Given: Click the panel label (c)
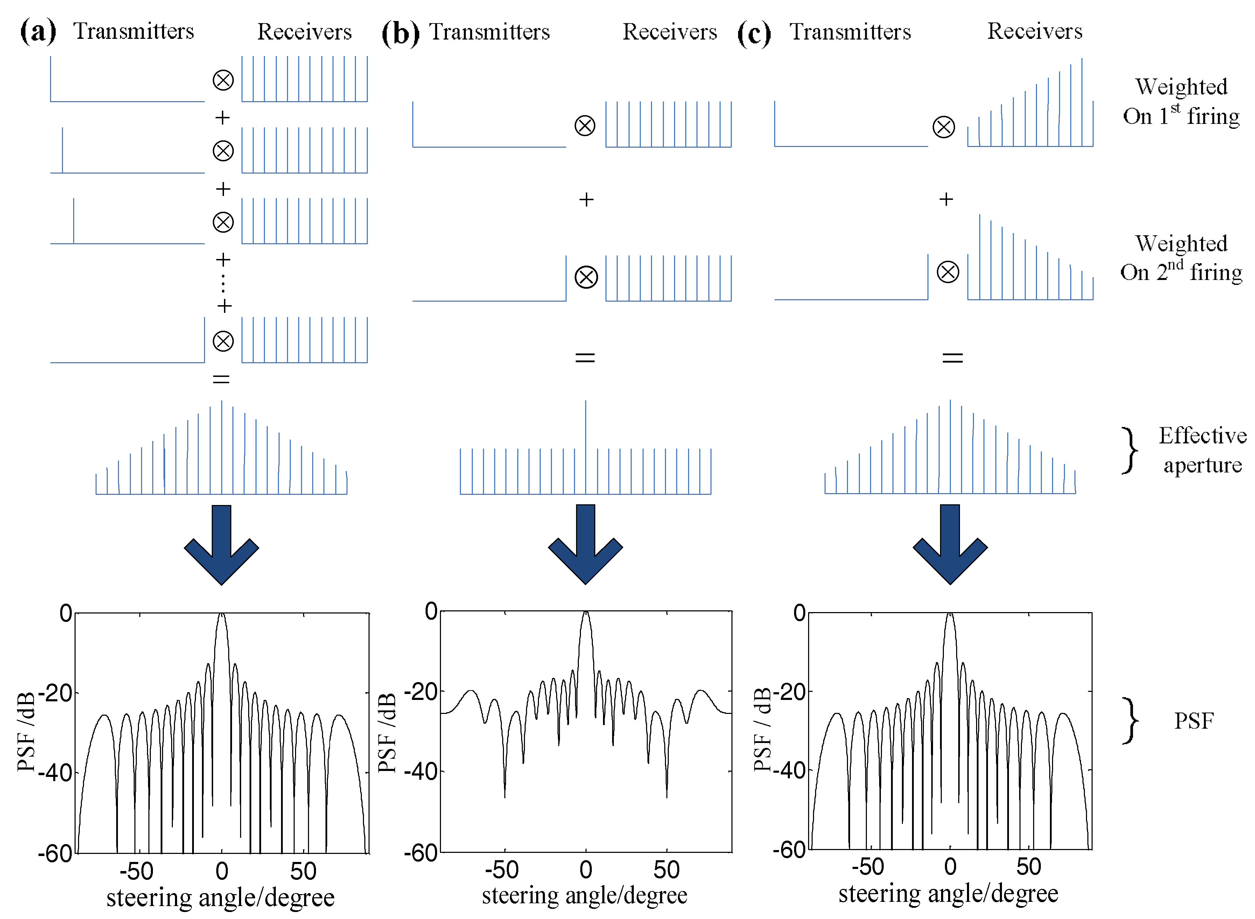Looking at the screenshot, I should (x=754, y=33).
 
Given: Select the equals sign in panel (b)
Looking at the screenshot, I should (x=585, y=357).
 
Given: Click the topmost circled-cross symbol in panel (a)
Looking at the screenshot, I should (x=223, y=80).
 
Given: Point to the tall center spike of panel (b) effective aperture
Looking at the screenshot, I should (x=585, y=423).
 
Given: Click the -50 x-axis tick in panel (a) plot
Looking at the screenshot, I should (x=136, y=871).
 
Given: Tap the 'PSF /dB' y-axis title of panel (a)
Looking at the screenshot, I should (x=26, y=731).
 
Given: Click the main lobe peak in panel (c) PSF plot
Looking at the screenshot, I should (x=950, y=614).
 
